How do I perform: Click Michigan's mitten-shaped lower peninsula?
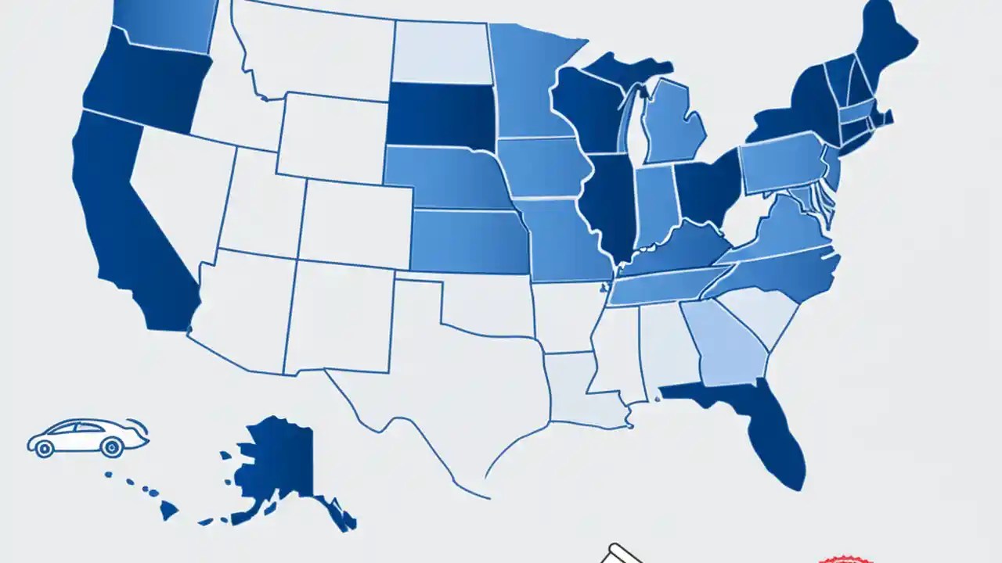(673, 121)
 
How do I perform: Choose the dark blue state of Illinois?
(611, 203)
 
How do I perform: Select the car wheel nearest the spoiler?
(111, 448)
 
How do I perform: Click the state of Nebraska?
(446, 178)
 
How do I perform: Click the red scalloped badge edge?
(845, 559)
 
